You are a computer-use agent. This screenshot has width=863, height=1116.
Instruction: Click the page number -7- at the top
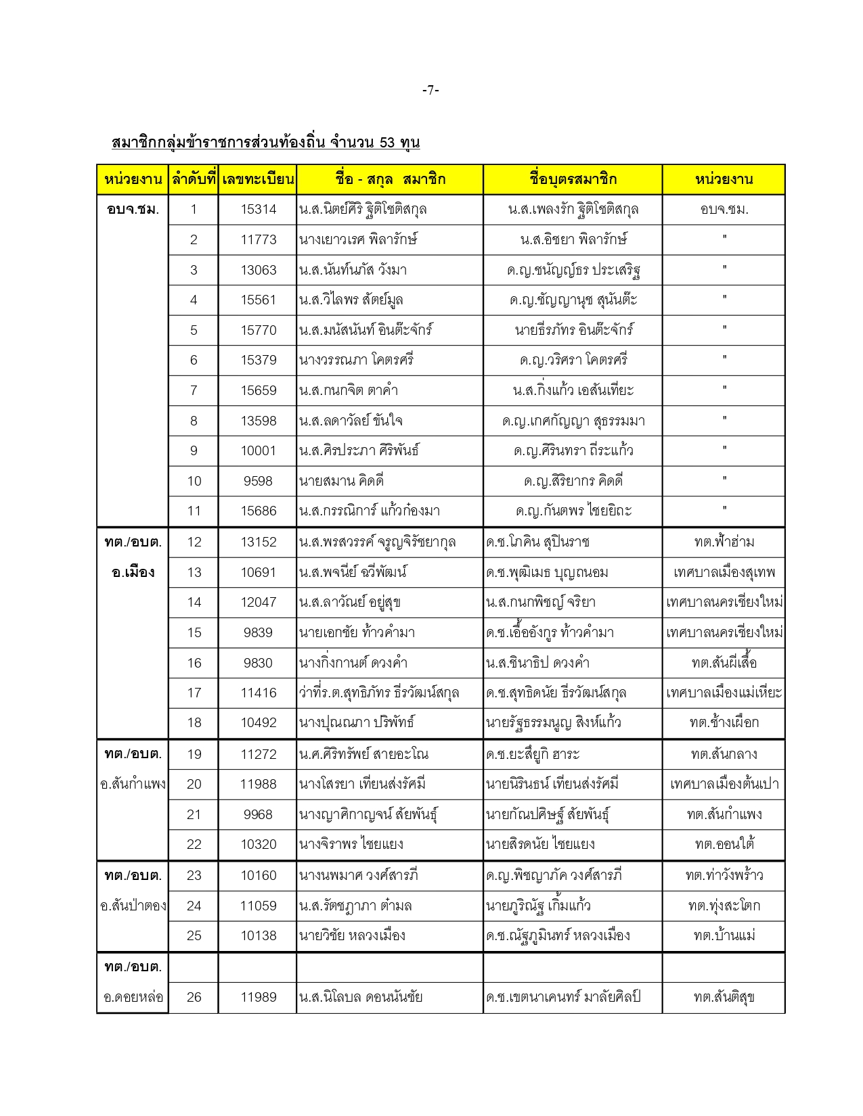click(431, 90)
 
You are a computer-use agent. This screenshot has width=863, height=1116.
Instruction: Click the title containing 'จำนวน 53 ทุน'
click(265, 143)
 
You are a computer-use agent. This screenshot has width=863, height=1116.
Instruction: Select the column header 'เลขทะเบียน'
click(258, 180)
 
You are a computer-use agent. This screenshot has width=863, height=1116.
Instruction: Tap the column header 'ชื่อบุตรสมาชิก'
click(573, 180)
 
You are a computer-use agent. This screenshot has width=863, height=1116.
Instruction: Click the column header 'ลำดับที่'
click(193, 180)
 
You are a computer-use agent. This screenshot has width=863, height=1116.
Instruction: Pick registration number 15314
click(258, 210)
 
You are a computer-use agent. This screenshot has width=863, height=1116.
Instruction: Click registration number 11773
click(258, 239)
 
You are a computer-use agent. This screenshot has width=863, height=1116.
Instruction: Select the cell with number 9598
click(258, 481)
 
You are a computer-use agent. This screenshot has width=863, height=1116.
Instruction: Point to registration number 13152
click(258, 542)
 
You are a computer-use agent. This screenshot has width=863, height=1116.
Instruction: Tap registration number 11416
click(258, 693)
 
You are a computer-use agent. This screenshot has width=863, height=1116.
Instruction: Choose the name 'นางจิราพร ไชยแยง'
click(351, 844)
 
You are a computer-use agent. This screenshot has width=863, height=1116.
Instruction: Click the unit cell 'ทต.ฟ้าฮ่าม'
click(724, 542)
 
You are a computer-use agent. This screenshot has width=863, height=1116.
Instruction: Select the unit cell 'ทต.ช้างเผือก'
click(724, 722)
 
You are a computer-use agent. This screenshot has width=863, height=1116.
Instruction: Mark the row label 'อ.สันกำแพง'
click(133, 784)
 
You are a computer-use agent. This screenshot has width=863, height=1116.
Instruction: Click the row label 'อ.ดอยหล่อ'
click(133, 997)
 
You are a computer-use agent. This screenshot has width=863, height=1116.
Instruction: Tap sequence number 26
click(194, 997)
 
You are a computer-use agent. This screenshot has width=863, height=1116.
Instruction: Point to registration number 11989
click(258, 997)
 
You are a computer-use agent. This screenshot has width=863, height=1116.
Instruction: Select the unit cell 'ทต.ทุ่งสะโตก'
click(724, 906)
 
